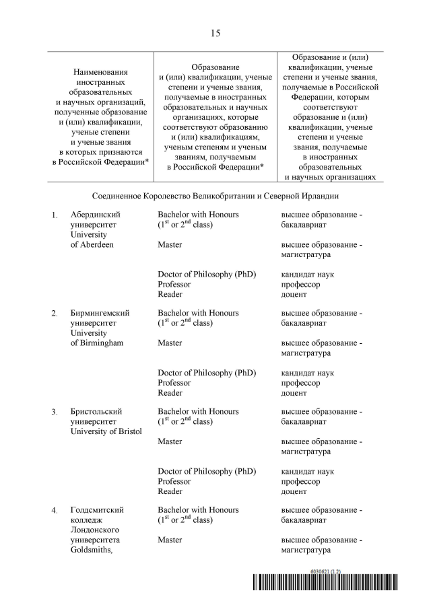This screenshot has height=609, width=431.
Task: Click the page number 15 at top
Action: pyautogui.click(x=215, y=33)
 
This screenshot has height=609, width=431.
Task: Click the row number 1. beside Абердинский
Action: pyautogui.click(x=55, y=215)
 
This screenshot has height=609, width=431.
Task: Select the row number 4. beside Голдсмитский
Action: pyautogui.click(x=55, y=511)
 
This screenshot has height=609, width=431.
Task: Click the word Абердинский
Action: pyautogui.click(x=96, y=215)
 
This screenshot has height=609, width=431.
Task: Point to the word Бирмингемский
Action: pyautogui.click(x=100, y=313)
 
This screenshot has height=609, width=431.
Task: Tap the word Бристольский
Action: pyautogui.click(x=98, y=411)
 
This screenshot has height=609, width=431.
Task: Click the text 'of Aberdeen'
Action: pyautogui.click(x=92, y=244)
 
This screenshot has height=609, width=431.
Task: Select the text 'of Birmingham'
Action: pyautogui.click(x=97, y=343)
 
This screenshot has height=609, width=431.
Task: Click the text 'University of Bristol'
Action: pyautogui.click(x=106, y=431)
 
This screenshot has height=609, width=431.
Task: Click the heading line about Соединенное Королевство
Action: pyautogui.click(x=215, y=196)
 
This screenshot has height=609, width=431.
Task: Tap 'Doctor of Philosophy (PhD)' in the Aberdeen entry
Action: pyautogui.click(x=207, y=275)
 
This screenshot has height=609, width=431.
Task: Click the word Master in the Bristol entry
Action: pyautogui.click(x=170, y=441)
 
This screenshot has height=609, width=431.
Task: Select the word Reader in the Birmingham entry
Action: pyautogui.click(x=170, y=392)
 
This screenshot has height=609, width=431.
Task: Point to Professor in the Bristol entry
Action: pyautogui.click(x=174, y=481)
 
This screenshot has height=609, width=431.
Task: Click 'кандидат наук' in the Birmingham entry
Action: pyautogui.click(x=307, y=373)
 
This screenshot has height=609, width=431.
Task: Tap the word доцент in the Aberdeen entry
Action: pyautogui.click(x=294, y=294)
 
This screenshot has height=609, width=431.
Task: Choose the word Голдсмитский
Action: pyautogui.click(x=97, y=510)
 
